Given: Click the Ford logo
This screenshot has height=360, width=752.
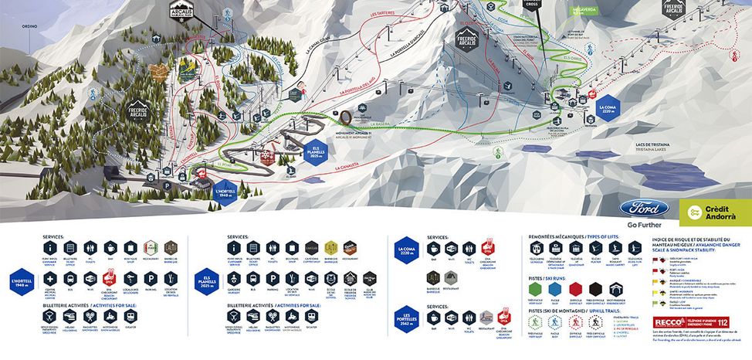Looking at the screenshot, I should (639, 209).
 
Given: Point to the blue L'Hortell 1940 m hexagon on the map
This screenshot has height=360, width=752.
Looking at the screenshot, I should (224, 192).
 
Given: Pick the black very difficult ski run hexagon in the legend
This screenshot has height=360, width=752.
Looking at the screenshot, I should (595, 290).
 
